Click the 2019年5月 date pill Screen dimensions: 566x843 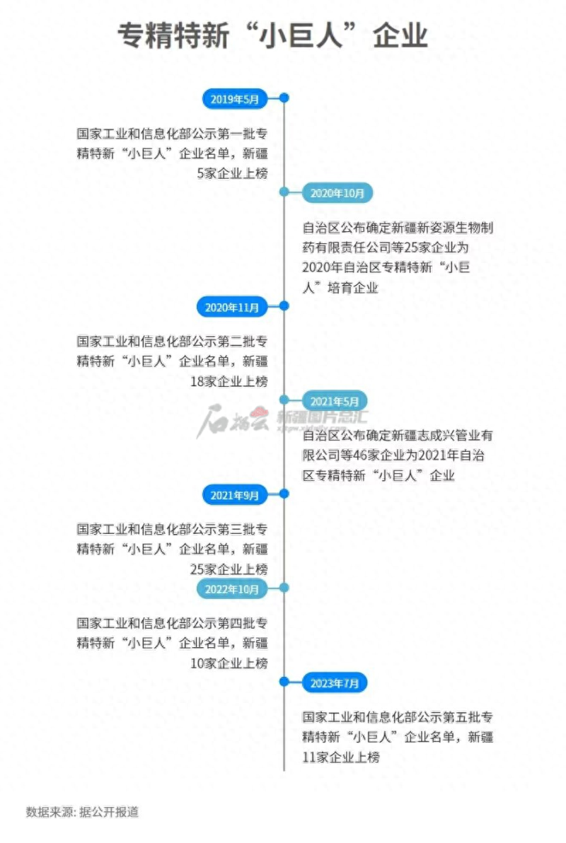[x=235, y=99]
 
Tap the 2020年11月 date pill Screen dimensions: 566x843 [x=232, y=307]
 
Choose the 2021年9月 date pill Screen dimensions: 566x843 [x=235, y=495]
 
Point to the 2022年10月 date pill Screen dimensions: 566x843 [x=232, y=588]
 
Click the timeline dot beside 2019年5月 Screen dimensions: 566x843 [x=284, y=98]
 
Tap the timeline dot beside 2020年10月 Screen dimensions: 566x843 [x=284, y=192]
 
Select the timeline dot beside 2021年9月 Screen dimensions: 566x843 [x=284, y=494]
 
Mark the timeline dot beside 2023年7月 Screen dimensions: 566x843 [x=284, y=682]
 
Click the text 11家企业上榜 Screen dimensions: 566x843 [x=341, y=757]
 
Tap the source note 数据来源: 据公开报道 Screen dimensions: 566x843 [x=82, y=812]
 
